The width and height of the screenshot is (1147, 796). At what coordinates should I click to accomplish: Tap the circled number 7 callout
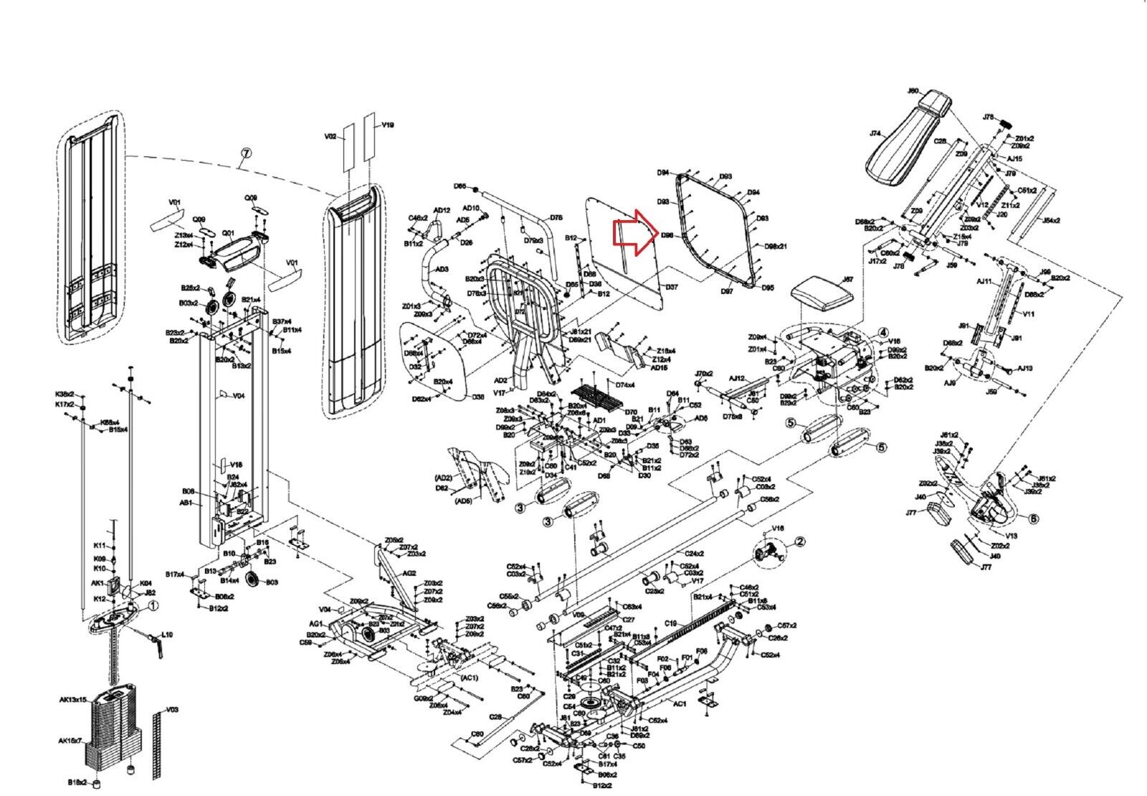pos(245,156)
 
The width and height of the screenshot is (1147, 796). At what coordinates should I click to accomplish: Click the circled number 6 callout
pos(1033,518)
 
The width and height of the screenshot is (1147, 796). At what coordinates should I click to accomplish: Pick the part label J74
pos(875,133)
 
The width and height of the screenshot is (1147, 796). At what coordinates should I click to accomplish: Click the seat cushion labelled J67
pos(823,293)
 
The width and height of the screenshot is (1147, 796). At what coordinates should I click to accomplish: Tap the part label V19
pos(388,125)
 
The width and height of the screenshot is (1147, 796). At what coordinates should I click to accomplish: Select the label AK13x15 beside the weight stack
pos(72,699)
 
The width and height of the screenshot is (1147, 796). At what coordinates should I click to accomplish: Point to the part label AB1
pos(186,503)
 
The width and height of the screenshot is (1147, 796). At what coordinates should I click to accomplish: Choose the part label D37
pos(671,287)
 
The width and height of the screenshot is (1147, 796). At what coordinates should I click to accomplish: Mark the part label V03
pos(171,710)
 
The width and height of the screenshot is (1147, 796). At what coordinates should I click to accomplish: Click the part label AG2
pos(409,573)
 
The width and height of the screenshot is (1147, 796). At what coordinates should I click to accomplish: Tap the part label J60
pos(913,91)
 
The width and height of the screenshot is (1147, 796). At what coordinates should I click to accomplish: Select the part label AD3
pos(442,269)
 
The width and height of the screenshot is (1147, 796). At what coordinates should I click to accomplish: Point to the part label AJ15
pos(1014,158)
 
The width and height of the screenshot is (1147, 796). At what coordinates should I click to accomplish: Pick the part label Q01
pos(229,233)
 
